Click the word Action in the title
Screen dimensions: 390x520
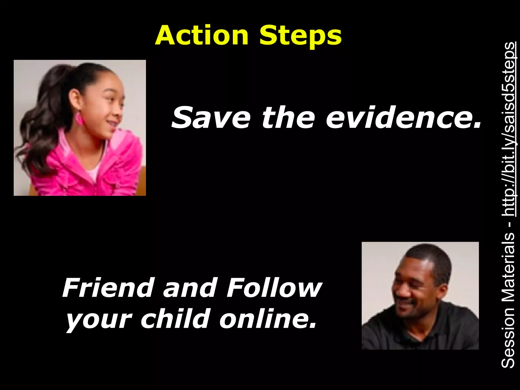202,36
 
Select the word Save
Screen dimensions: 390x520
211,118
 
